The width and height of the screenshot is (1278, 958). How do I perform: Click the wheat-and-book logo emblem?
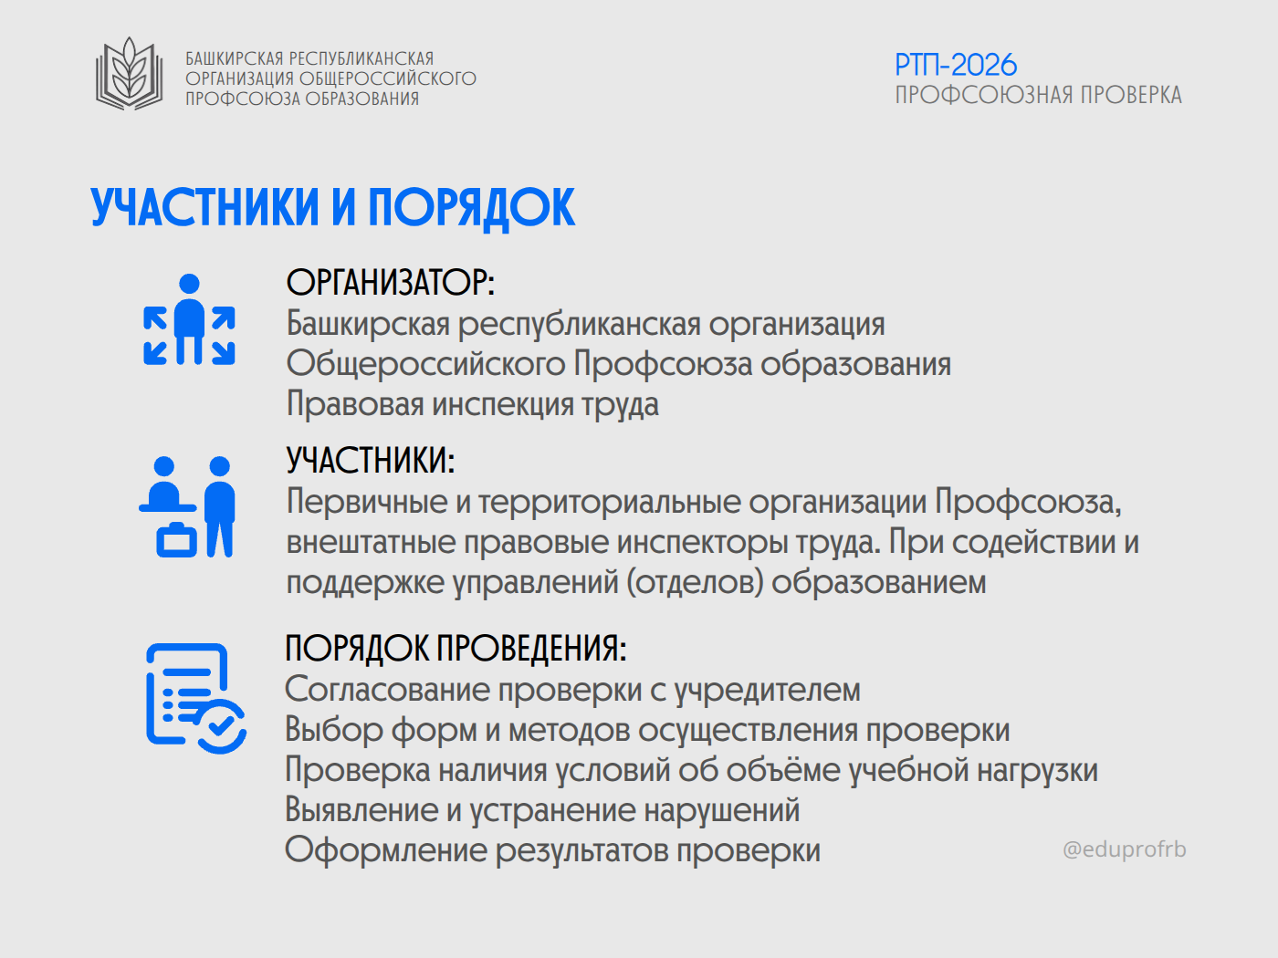coord(130,74)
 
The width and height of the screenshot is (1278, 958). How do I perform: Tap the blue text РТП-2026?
coord(956,65)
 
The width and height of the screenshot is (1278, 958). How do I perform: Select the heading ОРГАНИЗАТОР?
coord(390,283)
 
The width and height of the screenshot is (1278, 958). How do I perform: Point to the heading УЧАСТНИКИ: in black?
coord(371,461)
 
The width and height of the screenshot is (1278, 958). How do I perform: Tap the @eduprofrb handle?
coord(1124,849)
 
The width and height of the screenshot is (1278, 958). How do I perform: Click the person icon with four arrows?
coord(189,319)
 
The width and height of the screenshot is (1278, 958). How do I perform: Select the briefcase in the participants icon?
coord(176,540)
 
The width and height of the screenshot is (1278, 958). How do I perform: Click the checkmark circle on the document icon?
coord(221,726)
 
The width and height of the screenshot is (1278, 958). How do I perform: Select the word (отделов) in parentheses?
coord(695,583)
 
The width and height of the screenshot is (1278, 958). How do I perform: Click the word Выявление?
coord(361,809)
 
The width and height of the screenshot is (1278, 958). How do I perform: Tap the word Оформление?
coord(386,849)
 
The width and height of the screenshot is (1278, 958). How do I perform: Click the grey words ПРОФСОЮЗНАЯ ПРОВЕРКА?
coord(1038,96)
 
